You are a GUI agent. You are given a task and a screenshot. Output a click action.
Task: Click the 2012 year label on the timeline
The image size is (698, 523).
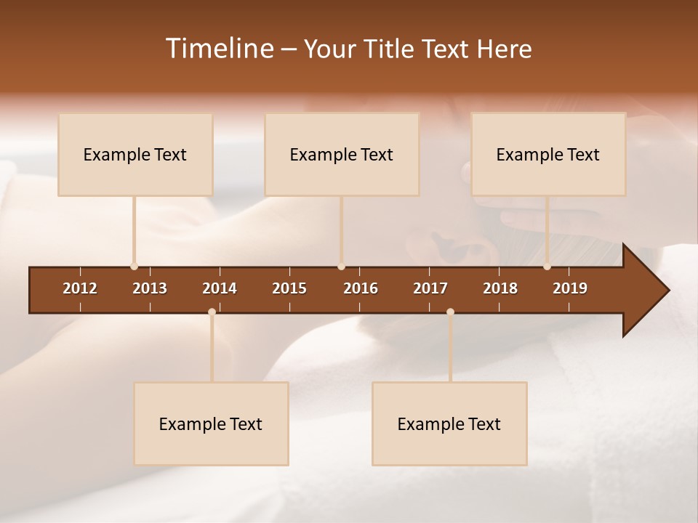pyautogui.click(x=80, y=288)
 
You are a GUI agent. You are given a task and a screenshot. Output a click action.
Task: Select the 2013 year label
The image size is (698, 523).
pyautogui.click(x=150, y=288)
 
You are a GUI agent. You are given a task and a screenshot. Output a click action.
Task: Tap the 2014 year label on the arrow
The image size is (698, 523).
pyautogui.click(x=220, y=288)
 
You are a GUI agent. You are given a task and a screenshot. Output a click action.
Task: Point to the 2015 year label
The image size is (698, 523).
pyautogui.click(x=289, y=288)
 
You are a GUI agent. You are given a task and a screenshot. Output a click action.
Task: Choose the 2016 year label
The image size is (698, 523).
pyautogui.click(x=361, y=288)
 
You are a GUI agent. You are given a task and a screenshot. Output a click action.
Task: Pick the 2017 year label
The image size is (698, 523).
pyautogui.click(x=430, y=288)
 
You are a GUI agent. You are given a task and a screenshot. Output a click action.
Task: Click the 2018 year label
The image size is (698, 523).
pyautogui.click(x=500, y=288)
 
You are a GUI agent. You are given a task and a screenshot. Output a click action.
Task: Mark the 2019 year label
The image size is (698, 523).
pyautogui.click(x=570, y=288)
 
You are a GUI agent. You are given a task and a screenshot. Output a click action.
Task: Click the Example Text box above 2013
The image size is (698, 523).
pyautogui.click(x=135, y=154)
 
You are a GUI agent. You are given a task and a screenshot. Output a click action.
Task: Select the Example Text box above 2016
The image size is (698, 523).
pyautogui.click(x=342, y=154)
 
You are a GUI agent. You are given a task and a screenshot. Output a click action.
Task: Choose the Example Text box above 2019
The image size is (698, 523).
pyautogui.click(x=548, y=154)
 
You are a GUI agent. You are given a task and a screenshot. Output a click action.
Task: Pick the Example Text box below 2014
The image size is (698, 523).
pyautogui.click(x=211, y=423)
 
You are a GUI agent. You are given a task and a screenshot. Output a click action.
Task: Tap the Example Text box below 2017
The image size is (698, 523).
pyautogui.click(x=449, y=423)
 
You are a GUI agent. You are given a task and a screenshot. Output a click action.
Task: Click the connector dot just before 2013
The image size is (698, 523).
pyautogui.click(x=134, y=267)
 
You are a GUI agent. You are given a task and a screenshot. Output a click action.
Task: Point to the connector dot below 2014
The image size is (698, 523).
pyautogui.click(x=212, y=312)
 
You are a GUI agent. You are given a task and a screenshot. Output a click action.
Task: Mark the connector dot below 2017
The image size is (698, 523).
pyautogui.click(x=450, y=312)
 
